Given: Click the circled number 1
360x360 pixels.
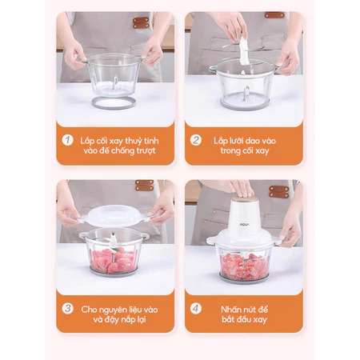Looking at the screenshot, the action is (67, 140).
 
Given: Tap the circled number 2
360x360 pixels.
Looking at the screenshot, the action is (196, 140).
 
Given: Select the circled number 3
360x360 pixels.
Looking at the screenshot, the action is (67, 309).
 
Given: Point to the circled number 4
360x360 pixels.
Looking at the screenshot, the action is (196, 309).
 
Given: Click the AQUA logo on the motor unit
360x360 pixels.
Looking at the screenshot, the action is (244, 224).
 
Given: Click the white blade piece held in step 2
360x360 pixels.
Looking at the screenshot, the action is (244, 50).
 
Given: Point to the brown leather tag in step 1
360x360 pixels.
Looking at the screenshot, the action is (141, 22).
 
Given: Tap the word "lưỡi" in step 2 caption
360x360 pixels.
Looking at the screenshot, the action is (236, 141).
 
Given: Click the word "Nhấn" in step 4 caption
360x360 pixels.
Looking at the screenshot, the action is (230, 310).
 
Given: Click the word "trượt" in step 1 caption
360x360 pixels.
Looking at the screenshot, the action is (146, 151).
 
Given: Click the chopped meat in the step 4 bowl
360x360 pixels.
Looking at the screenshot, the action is (244, 266).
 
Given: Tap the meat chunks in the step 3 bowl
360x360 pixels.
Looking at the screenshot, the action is (114, 260).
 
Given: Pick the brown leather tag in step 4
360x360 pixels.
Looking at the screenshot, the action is (279, 192).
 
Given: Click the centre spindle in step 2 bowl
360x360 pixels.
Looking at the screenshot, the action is (246, 94).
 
